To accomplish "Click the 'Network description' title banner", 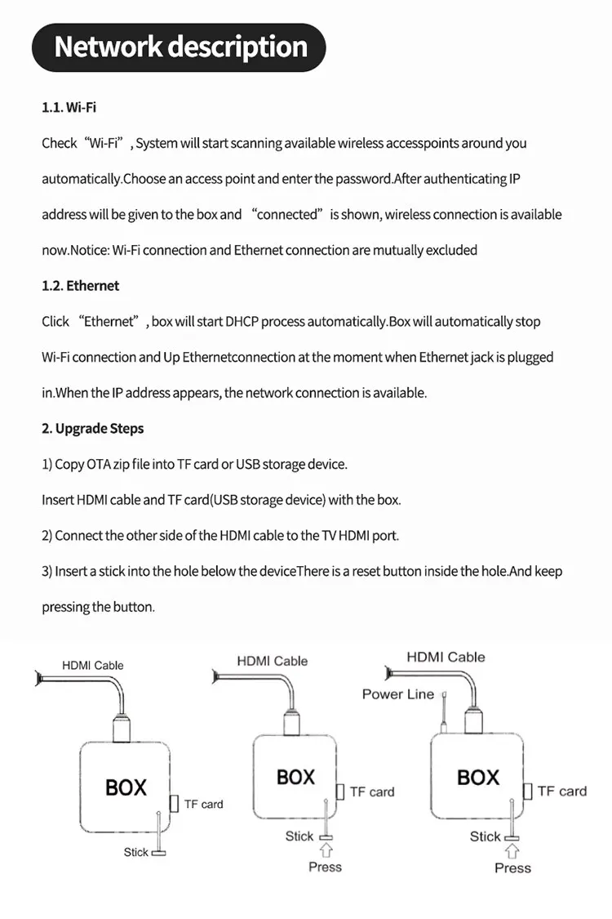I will tap(180, 47).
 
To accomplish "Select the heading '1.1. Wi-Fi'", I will tap(69, 108).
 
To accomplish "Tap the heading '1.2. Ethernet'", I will tap(80, 286).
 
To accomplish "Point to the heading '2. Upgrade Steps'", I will tap(93, 429).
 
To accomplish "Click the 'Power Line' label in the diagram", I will tap(398, 694).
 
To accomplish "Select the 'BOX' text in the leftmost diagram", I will tap(126, 787).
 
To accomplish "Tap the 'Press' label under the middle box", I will tap(325, 867).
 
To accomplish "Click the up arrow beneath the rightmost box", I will tap(512, 851).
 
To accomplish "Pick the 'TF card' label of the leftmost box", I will tap(203, 804).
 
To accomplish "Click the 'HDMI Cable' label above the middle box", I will tap(273, 661).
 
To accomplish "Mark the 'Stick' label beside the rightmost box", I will tap(485, 836).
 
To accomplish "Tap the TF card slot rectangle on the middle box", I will tap(340, 792).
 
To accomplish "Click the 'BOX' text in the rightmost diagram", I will tap(478, 777).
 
